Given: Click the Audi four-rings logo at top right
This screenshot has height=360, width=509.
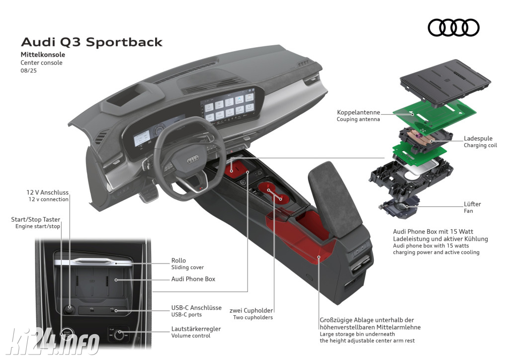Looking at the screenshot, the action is coord(453,27).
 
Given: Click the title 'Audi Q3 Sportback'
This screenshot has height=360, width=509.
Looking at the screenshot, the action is coord(91,42).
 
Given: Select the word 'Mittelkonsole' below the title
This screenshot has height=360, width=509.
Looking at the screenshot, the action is coord(43,55).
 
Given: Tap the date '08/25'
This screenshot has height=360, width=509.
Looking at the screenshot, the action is coord(28,71).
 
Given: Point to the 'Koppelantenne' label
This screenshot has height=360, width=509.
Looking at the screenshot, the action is coord(358,112).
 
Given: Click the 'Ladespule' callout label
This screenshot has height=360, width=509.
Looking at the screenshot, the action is coord(478,139).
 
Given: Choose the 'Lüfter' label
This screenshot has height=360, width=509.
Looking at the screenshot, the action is coord(472,204).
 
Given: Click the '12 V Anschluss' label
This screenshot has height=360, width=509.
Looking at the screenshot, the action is coord(47,192).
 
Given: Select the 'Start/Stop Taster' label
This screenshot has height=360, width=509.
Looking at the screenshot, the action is coord(36,219).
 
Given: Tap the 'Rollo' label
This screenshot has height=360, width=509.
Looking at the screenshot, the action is coord(178,261).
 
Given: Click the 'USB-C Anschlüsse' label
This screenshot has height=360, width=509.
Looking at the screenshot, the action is coord(196,308).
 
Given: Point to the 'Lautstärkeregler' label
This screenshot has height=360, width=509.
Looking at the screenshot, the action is coord(196,329).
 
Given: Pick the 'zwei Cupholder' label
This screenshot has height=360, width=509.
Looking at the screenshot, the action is coord(251,311).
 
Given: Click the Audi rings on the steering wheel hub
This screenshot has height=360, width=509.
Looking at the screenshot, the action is coord(193,160).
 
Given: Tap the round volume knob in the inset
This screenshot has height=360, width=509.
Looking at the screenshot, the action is coord(118,334).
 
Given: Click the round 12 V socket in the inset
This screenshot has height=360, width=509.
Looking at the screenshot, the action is coord(69,309).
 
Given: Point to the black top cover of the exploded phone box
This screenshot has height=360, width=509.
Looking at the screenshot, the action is coord(445,83).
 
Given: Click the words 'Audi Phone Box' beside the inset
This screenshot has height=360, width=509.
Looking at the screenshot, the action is coord(193,279).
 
